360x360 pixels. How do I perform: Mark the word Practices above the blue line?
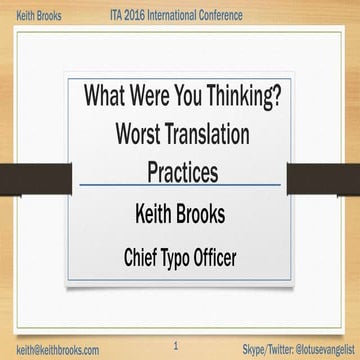point(181,171)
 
